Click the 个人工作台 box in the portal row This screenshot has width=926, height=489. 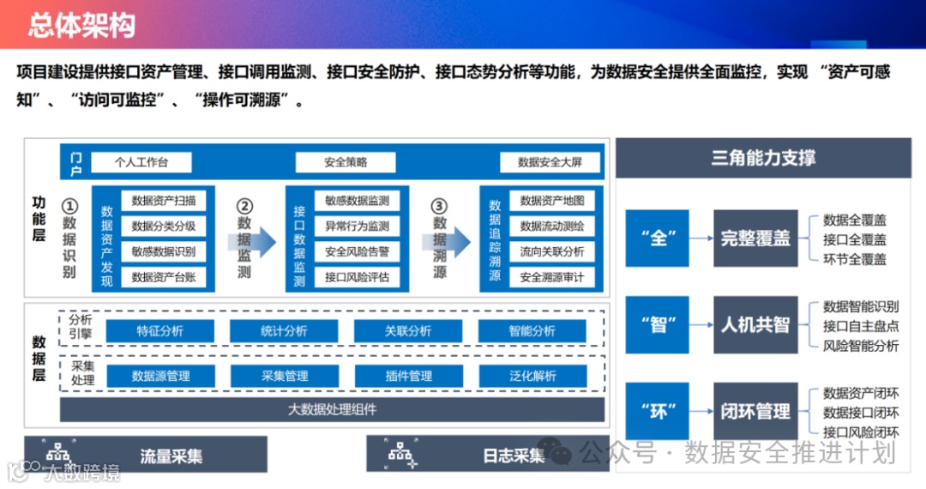pyautogui.click(x=141, y=162)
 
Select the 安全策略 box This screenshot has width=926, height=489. pyautogui.click(x=346, y=162)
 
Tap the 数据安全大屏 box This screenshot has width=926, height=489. pyautogui.click(x=550, y=162)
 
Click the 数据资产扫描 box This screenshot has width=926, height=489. pyautogui.click(x=164, y=201)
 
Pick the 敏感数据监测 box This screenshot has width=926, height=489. pyautogui.click(x=357, y=201)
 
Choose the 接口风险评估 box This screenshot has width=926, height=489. pyautogui.click(x=357, y=277)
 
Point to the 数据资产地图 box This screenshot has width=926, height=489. pyautogui.click(x=551, y=201)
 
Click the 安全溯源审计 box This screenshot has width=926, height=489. pyautogui.click(x=551, y=277)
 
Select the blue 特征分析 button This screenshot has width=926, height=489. pyautogui.click(x=159, y=331)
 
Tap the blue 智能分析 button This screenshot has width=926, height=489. pyautogui.click(x=532, y=331)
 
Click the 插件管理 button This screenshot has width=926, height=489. pyautogui.click(x=408, y=376)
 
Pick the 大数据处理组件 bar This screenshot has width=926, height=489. pyautogui.click(x=332, y=409)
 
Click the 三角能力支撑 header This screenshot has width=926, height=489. pyautogui.click(x=763, y=158)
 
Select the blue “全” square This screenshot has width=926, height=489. pyautogui.click(x=658, y=238)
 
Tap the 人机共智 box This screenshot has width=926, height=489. pyautogui.click(x=755, y=325)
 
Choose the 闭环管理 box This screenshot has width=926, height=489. pyautogui.click(x=755, y=412)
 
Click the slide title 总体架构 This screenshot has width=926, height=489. pyautogui.click(x=81, y=25)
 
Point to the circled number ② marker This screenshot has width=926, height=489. pyautogui.click(x=245, y=207)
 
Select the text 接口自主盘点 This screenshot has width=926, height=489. pyautogui.click(x=861, y=326)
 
